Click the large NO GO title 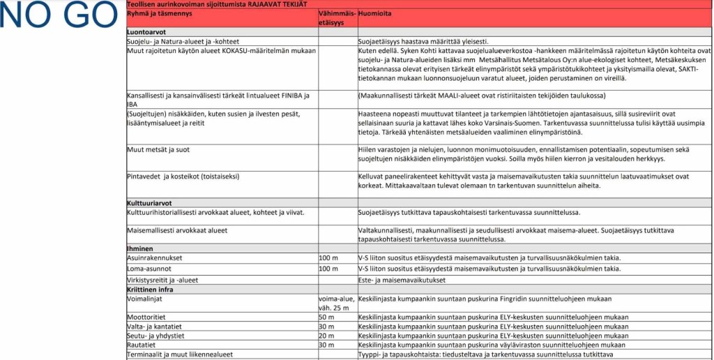coord(60,16)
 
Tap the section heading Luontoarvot coord(146,32)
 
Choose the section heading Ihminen coord(139,248)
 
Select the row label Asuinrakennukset coord(155,258)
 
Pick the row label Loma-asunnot coord(149,269)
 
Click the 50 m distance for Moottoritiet coord(326,317)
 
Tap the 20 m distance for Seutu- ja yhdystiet coord(326,336)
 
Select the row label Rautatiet coord(142,345)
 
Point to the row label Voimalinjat coord(144,299)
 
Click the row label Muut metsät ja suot coord(158,149)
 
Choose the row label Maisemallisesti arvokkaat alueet coord(177,230)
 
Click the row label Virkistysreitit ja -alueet coord(162,280)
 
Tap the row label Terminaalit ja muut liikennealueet coord(180,354)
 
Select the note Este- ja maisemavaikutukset coord(401,280)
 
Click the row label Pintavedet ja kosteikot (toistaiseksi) coord(183,177)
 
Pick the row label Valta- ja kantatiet coord(154,327)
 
